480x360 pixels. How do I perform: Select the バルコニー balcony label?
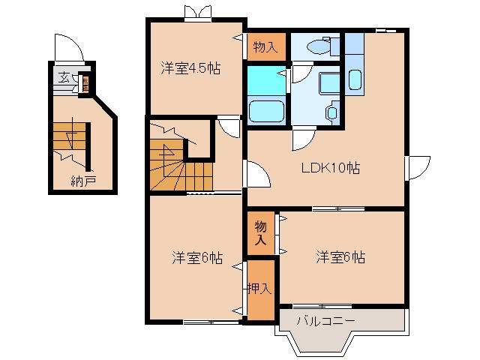tap(325, 321)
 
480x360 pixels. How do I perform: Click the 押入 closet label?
tap(260, 287)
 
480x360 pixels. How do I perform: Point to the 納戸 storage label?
tap(83, 181)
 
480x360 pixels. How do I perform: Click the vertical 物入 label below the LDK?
tap(260, 233)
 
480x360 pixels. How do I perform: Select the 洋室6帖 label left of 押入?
tap(197, 257)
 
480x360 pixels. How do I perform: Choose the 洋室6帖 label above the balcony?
tap(340, 257)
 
